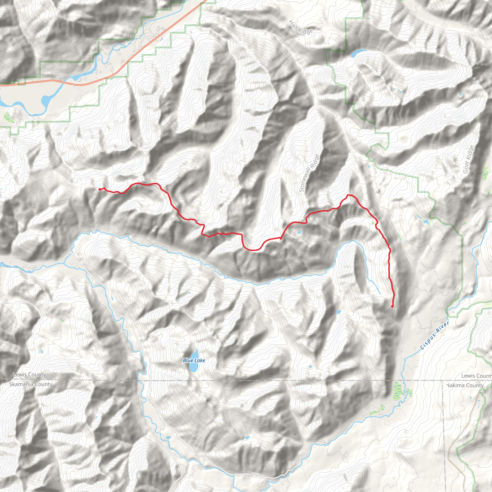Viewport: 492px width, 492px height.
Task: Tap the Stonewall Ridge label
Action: coord(309,173)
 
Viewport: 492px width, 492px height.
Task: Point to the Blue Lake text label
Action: coord(194,360)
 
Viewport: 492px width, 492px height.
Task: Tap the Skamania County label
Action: coord(31,384)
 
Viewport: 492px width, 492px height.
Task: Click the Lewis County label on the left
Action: coord(30,375)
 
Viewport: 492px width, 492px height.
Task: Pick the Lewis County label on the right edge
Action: coord(476,376)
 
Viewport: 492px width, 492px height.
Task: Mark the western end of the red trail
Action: coord(99,189)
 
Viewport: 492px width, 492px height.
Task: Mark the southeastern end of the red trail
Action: coord(392,307)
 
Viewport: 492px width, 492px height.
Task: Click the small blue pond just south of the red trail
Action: coord(300,232)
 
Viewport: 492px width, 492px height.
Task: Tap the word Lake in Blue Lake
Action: coord(200,360)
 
